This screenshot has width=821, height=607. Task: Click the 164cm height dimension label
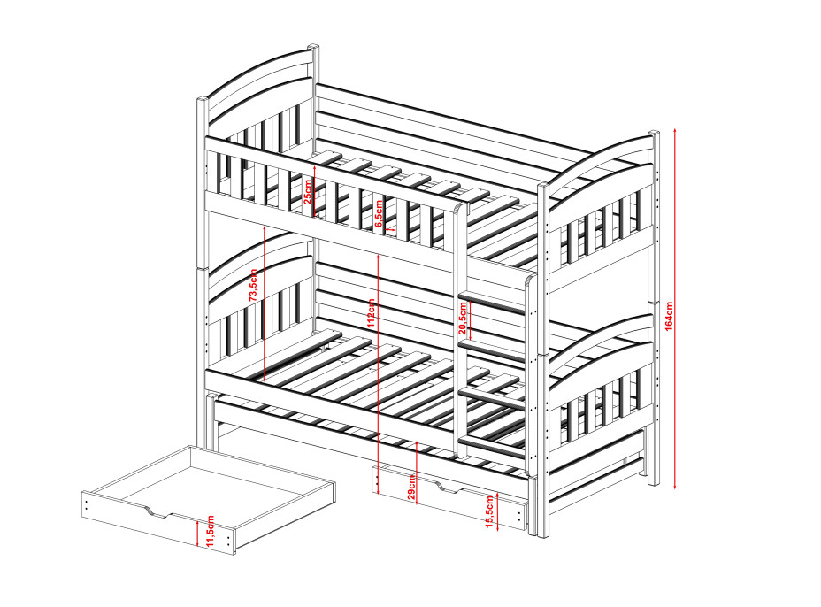(669, 316)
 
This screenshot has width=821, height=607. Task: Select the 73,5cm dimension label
(253, 286)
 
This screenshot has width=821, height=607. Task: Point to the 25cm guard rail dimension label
(308, 191)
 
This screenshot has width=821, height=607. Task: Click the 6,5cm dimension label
(380, 213)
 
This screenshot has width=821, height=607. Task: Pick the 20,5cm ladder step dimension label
(463, 318)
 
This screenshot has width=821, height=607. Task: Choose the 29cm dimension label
(411, 487)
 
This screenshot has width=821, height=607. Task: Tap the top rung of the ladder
(491, 303)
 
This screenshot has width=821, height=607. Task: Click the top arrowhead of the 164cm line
(674, 129)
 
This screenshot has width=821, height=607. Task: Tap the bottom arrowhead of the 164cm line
(674, 487)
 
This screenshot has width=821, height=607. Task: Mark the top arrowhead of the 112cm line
(378, 257)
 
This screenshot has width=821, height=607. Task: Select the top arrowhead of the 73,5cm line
(265, 229)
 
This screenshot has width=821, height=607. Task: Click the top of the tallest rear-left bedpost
(313, 46)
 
